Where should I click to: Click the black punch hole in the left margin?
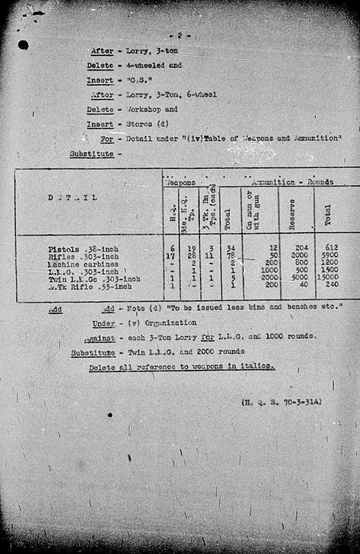tap(22, 46)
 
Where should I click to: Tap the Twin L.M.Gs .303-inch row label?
tap(94, 279)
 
